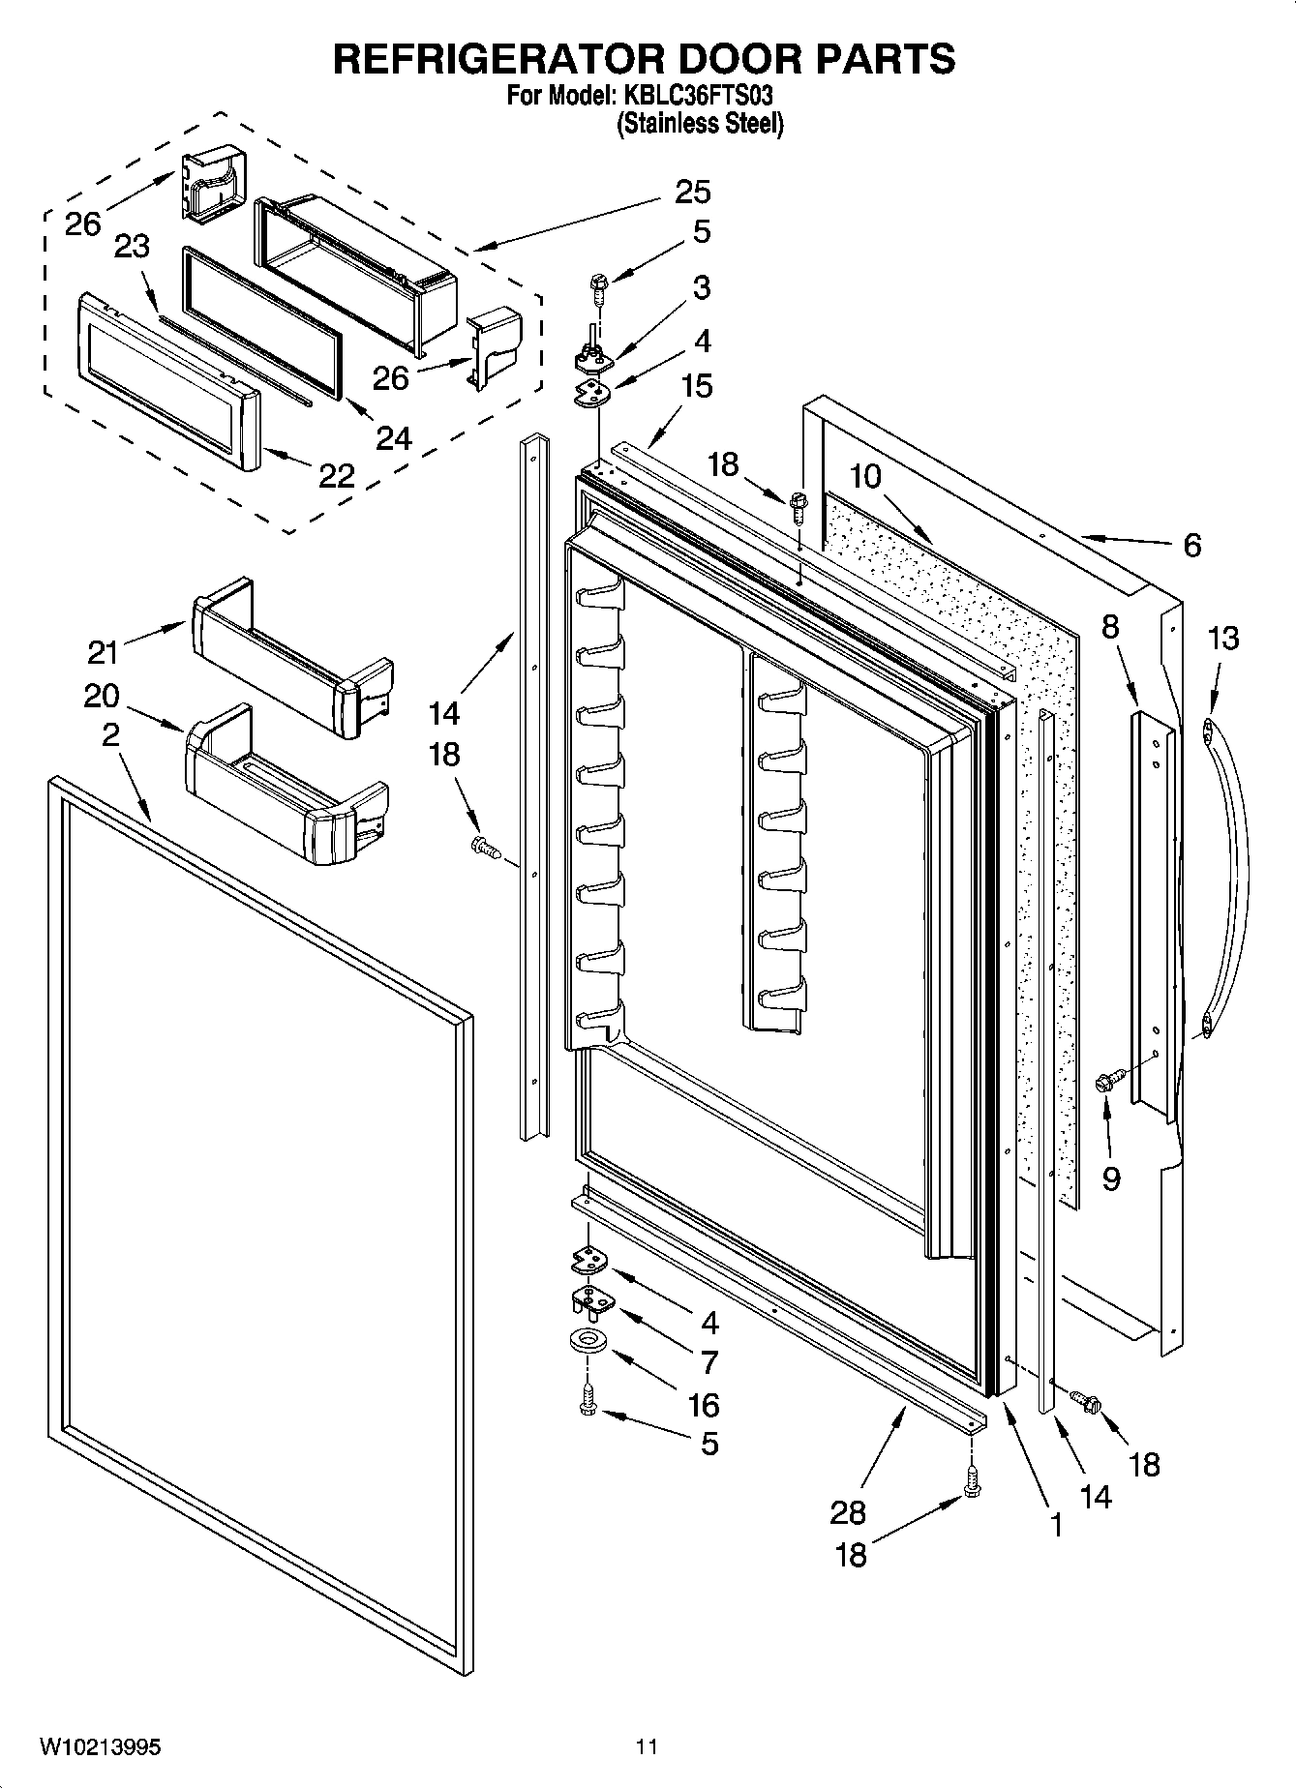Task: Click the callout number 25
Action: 692,192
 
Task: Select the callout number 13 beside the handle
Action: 1223,639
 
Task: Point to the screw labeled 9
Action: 1109,1082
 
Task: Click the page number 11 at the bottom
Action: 647,1747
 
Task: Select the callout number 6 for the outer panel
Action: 1191,546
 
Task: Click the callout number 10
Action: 866,477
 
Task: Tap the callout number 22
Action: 336,475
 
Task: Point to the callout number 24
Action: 394,438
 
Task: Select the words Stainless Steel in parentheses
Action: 700,124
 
